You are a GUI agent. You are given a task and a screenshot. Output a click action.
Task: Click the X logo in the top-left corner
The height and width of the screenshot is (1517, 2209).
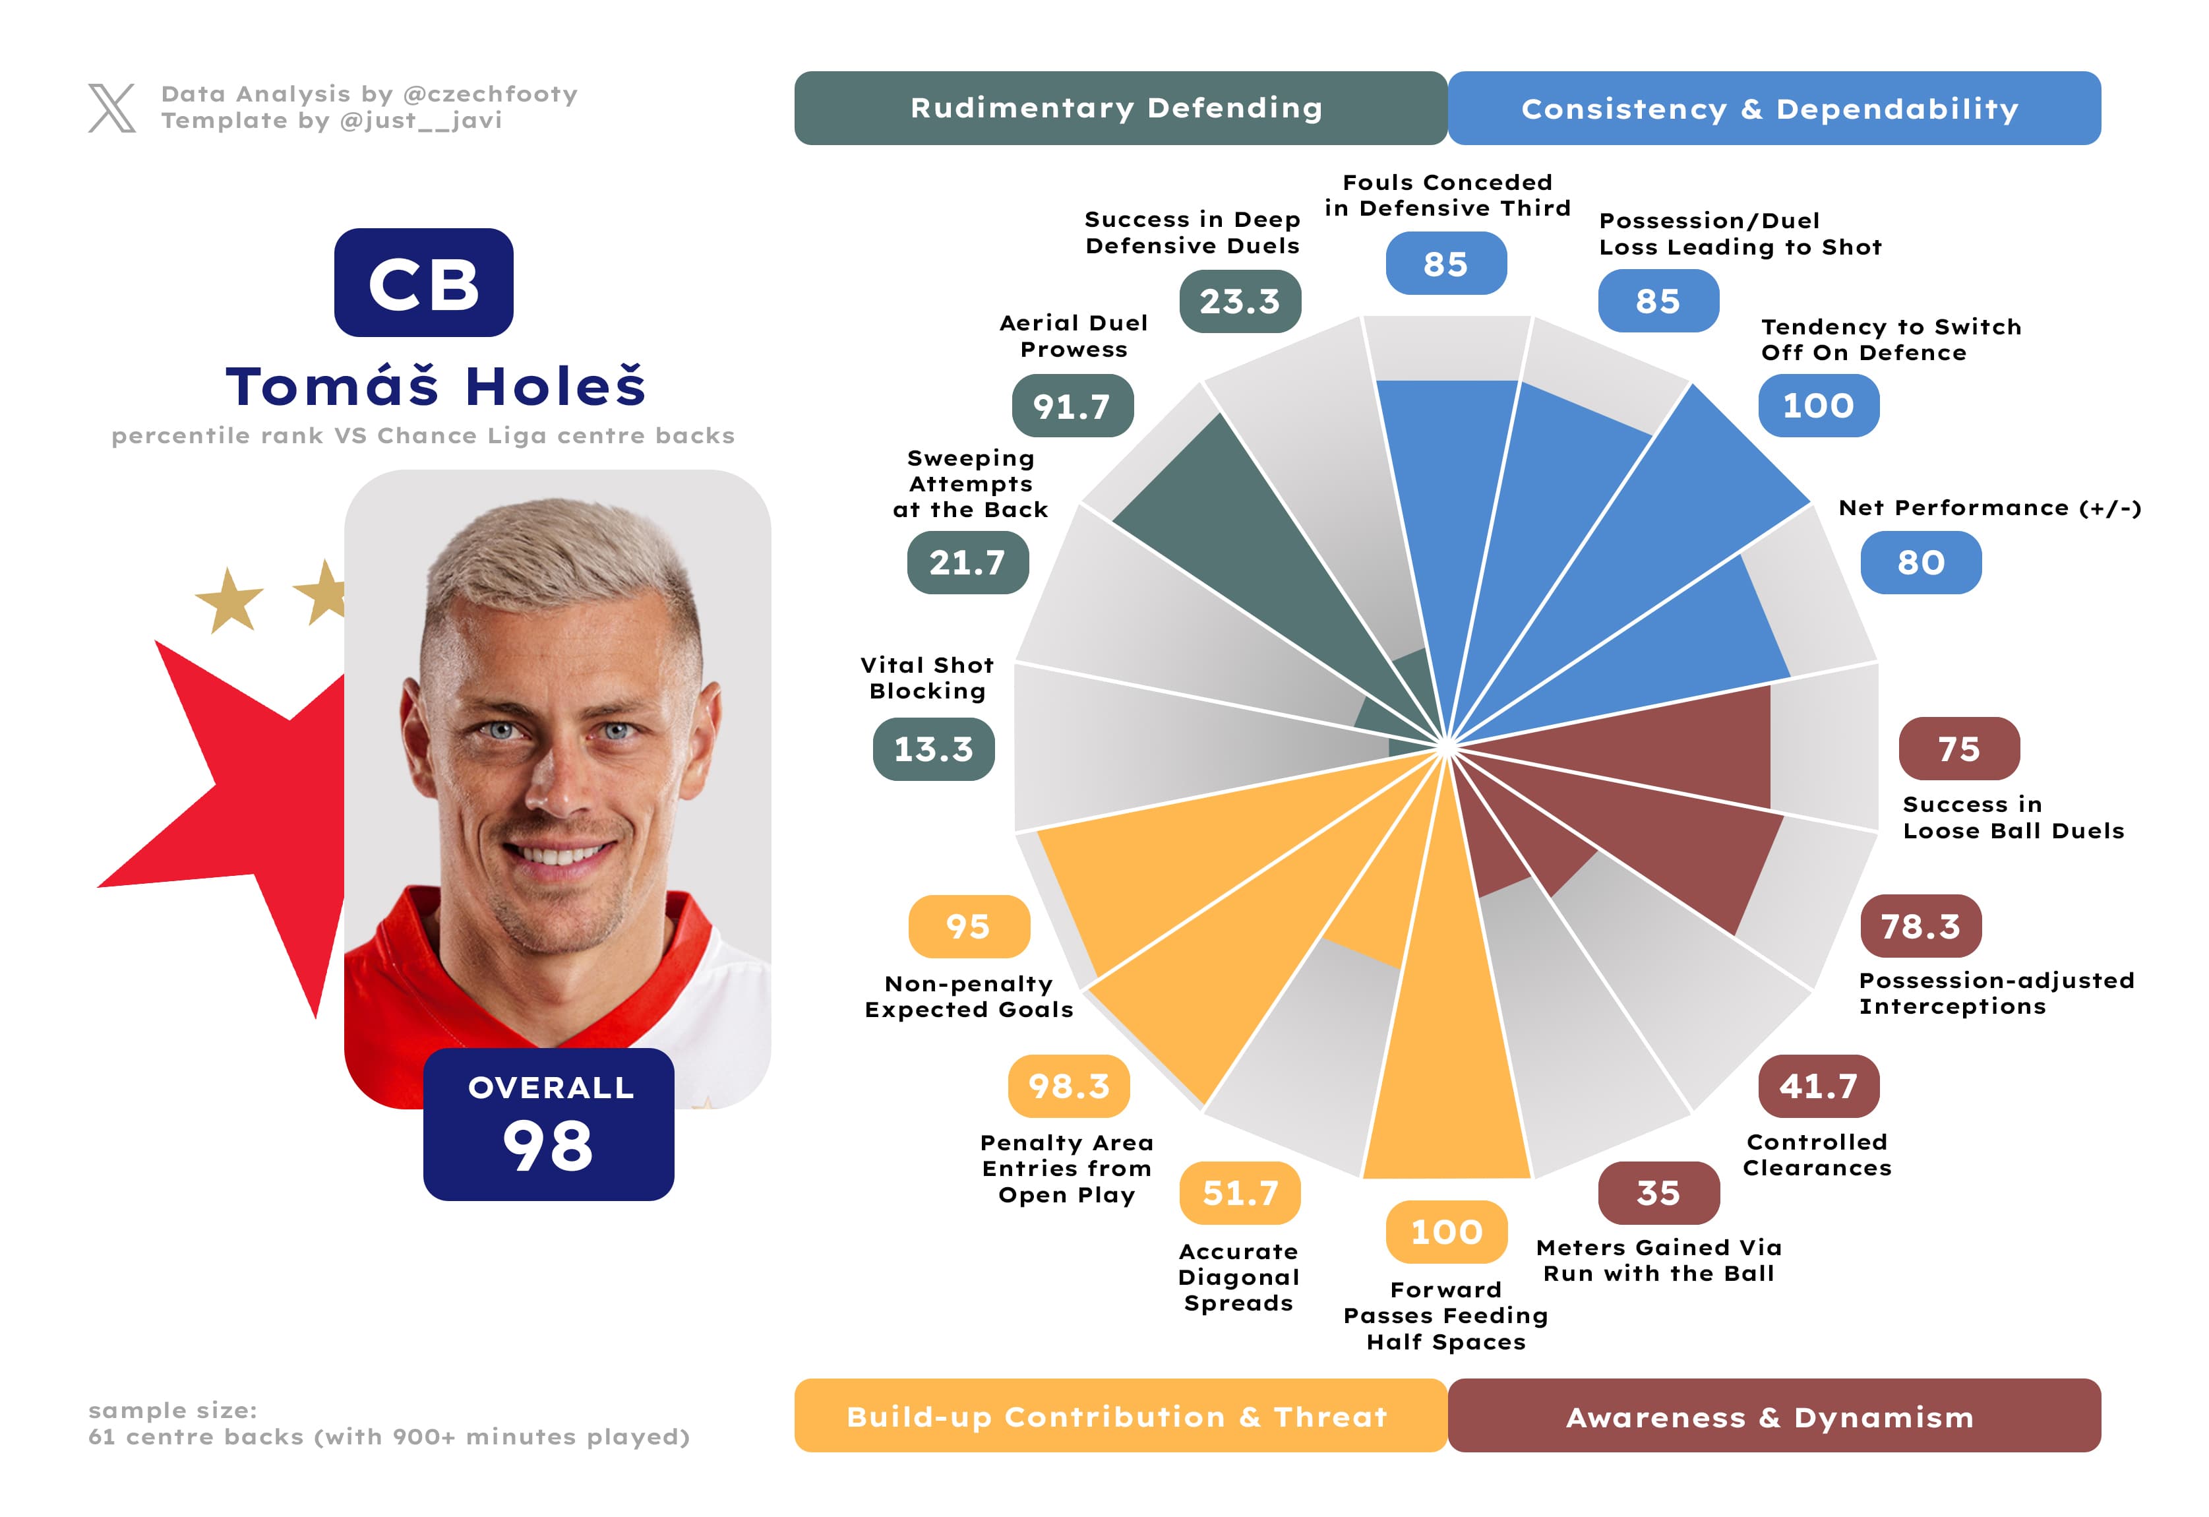[x=112, y=108]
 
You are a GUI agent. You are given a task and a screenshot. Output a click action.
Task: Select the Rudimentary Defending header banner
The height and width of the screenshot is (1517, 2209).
[x=1120, y=108]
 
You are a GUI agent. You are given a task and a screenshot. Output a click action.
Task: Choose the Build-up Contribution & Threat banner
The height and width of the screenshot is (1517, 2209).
[x=1120, y=1415]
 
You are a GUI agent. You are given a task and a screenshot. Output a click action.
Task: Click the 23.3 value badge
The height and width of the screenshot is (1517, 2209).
[x=1240, y=301]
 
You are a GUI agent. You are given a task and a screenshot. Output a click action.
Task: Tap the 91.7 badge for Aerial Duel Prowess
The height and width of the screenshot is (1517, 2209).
[x=1072, y=406]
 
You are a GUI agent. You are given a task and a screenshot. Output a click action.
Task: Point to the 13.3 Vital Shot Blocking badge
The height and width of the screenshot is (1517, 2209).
[x=934, y=749]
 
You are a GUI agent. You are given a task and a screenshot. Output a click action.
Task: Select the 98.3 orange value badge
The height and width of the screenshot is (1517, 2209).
[x=1068, y=1086]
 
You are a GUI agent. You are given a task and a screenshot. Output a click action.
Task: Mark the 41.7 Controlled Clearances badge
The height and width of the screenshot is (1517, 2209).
[x=1817, y=1086]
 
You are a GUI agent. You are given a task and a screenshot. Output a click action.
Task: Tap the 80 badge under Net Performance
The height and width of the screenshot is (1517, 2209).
[x=1920, y=563]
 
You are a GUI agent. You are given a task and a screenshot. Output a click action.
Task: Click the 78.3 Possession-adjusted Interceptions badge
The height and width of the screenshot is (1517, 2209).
[x=1920, y=926]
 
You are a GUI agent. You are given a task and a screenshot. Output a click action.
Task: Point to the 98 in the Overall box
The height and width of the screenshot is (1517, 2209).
[x=549, y=1146]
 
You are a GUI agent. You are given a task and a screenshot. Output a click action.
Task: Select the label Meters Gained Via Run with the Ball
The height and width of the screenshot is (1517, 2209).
[x=1658, y=1260]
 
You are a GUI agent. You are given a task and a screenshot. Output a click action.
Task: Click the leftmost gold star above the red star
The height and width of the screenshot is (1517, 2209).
[x=229, y=601]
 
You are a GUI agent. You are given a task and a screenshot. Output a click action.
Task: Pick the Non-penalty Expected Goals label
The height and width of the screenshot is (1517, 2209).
[x=969, y=996]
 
